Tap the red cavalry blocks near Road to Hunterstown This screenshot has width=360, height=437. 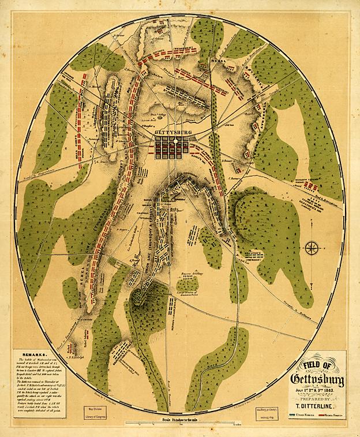[x=311, y=186]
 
